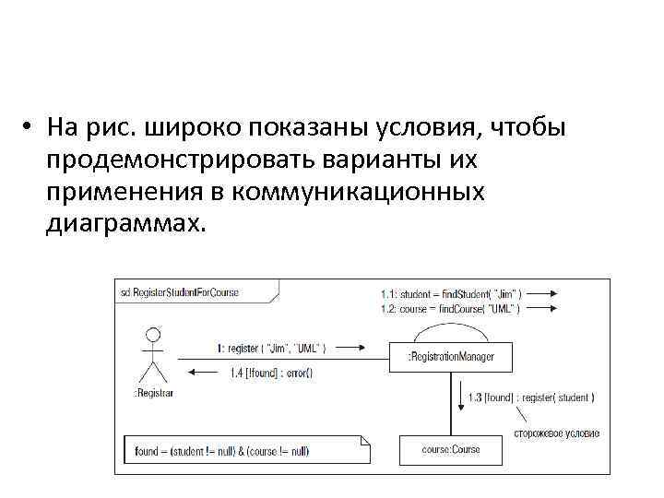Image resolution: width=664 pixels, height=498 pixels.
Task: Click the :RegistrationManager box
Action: [450, 355]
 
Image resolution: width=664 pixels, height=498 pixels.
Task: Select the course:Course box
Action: [451, 449]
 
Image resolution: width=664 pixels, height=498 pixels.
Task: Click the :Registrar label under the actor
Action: [152, 393]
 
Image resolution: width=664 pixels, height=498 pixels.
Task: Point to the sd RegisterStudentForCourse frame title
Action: [180, 292]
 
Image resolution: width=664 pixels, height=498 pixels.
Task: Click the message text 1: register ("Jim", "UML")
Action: [271, 349]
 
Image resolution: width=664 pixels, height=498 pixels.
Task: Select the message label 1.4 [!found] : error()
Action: [271, 373]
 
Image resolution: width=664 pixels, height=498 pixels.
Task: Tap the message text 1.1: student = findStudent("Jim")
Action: [450, 294]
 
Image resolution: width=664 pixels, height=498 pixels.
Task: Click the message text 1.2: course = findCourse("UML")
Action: [450, 308]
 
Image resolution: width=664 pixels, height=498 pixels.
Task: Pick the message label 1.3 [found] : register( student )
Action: [530, 397]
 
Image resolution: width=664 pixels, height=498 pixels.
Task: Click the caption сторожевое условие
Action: [556, 433]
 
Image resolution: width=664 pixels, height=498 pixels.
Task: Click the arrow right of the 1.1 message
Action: [543, 294]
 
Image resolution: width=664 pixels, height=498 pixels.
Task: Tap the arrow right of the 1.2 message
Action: [543, 309]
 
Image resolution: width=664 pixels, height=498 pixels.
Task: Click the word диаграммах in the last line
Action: [121, 224]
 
